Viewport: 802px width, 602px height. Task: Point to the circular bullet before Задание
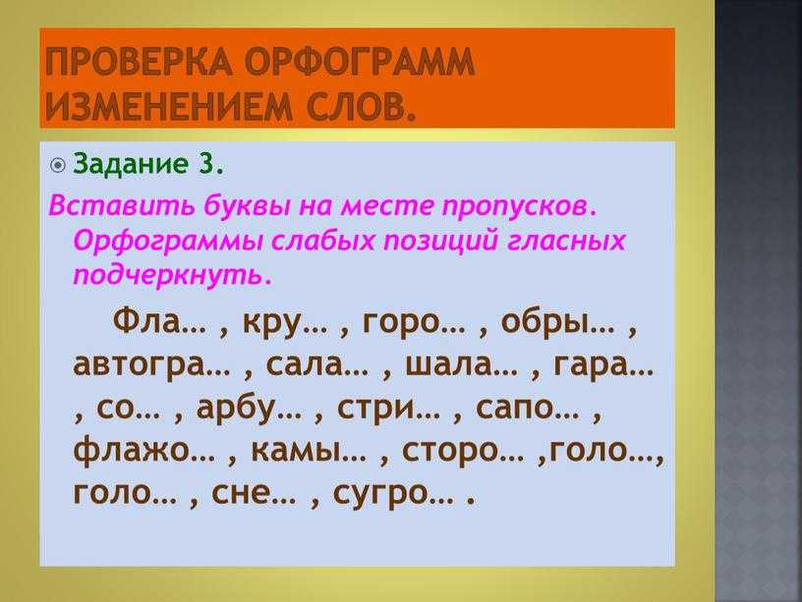coord(58,165)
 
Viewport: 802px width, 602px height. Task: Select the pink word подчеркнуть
coord(171,275)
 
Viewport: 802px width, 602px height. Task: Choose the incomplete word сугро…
coord(393,494)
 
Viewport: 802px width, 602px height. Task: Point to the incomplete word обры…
coord(557,323)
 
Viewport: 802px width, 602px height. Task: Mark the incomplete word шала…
coord(461,365)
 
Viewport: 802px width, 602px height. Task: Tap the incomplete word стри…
coord(388,409)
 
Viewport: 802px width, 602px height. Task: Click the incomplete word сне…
coord(254,493)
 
